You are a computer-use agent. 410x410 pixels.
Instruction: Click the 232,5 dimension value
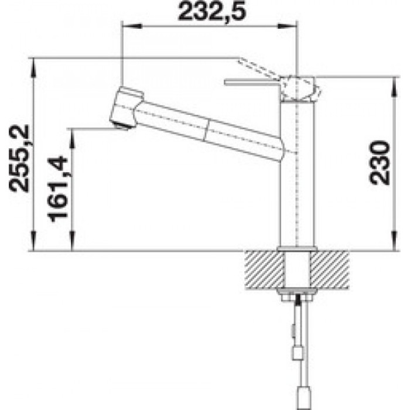click(x=212, y=12)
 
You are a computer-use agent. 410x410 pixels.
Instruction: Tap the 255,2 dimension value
click(x=19, y=159)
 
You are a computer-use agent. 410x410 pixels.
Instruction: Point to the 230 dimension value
click(x=379, y=163)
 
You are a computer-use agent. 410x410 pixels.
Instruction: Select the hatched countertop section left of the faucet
click(x=265, y=269)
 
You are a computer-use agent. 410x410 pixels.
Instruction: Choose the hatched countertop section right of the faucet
click(x=330, y=269)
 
